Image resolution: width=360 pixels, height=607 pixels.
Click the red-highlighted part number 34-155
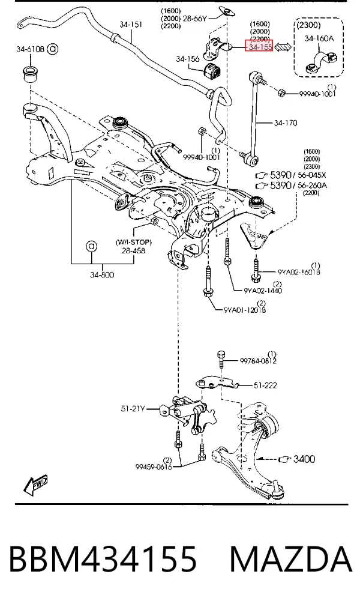(260, 47)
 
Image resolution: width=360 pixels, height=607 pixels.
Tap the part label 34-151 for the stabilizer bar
(131, 25)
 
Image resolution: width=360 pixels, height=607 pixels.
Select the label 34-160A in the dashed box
(319, 38)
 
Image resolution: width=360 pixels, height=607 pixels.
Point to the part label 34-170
(286, 123)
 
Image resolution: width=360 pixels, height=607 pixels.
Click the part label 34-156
(188, 59)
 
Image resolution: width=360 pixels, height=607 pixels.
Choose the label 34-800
(102, 275)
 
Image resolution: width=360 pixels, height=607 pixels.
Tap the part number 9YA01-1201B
(245, 310)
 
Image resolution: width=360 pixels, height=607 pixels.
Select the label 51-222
(265, 385)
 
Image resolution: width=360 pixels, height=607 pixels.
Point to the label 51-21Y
(133, 408)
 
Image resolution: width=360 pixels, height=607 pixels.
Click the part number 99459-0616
(154, 467)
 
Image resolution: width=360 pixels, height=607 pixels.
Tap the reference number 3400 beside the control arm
(304, 459)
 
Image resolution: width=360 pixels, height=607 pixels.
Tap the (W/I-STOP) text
(134, 243)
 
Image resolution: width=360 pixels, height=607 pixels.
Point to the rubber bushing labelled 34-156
(211, 70)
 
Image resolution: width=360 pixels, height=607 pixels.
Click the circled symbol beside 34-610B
(53, 49)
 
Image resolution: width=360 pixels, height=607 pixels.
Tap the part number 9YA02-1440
(263, 291)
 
